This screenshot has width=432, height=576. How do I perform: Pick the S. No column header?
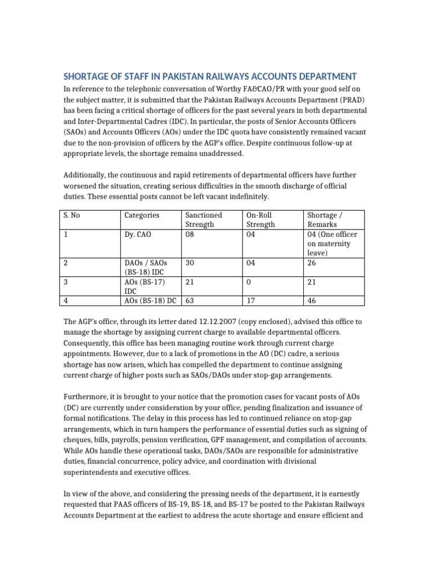tap(70, 215)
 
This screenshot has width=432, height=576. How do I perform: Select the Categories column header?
tap(141, 215)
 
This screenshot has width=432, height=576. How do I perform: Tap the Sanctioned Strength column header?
tap(204, 220)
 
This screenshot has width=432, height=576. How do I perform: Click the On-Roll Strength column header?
tap(261, 220)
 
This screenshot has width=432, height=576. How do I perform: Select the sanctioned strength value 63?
tap(190, 301)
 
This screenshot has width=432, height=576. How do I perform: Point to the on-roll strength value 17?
tap(251, 301)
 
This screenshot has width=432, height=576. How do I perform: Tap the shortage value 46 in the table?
tap(312, 301)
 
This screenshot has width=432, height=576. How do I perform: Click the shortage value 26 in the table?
tap(312, 263)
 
